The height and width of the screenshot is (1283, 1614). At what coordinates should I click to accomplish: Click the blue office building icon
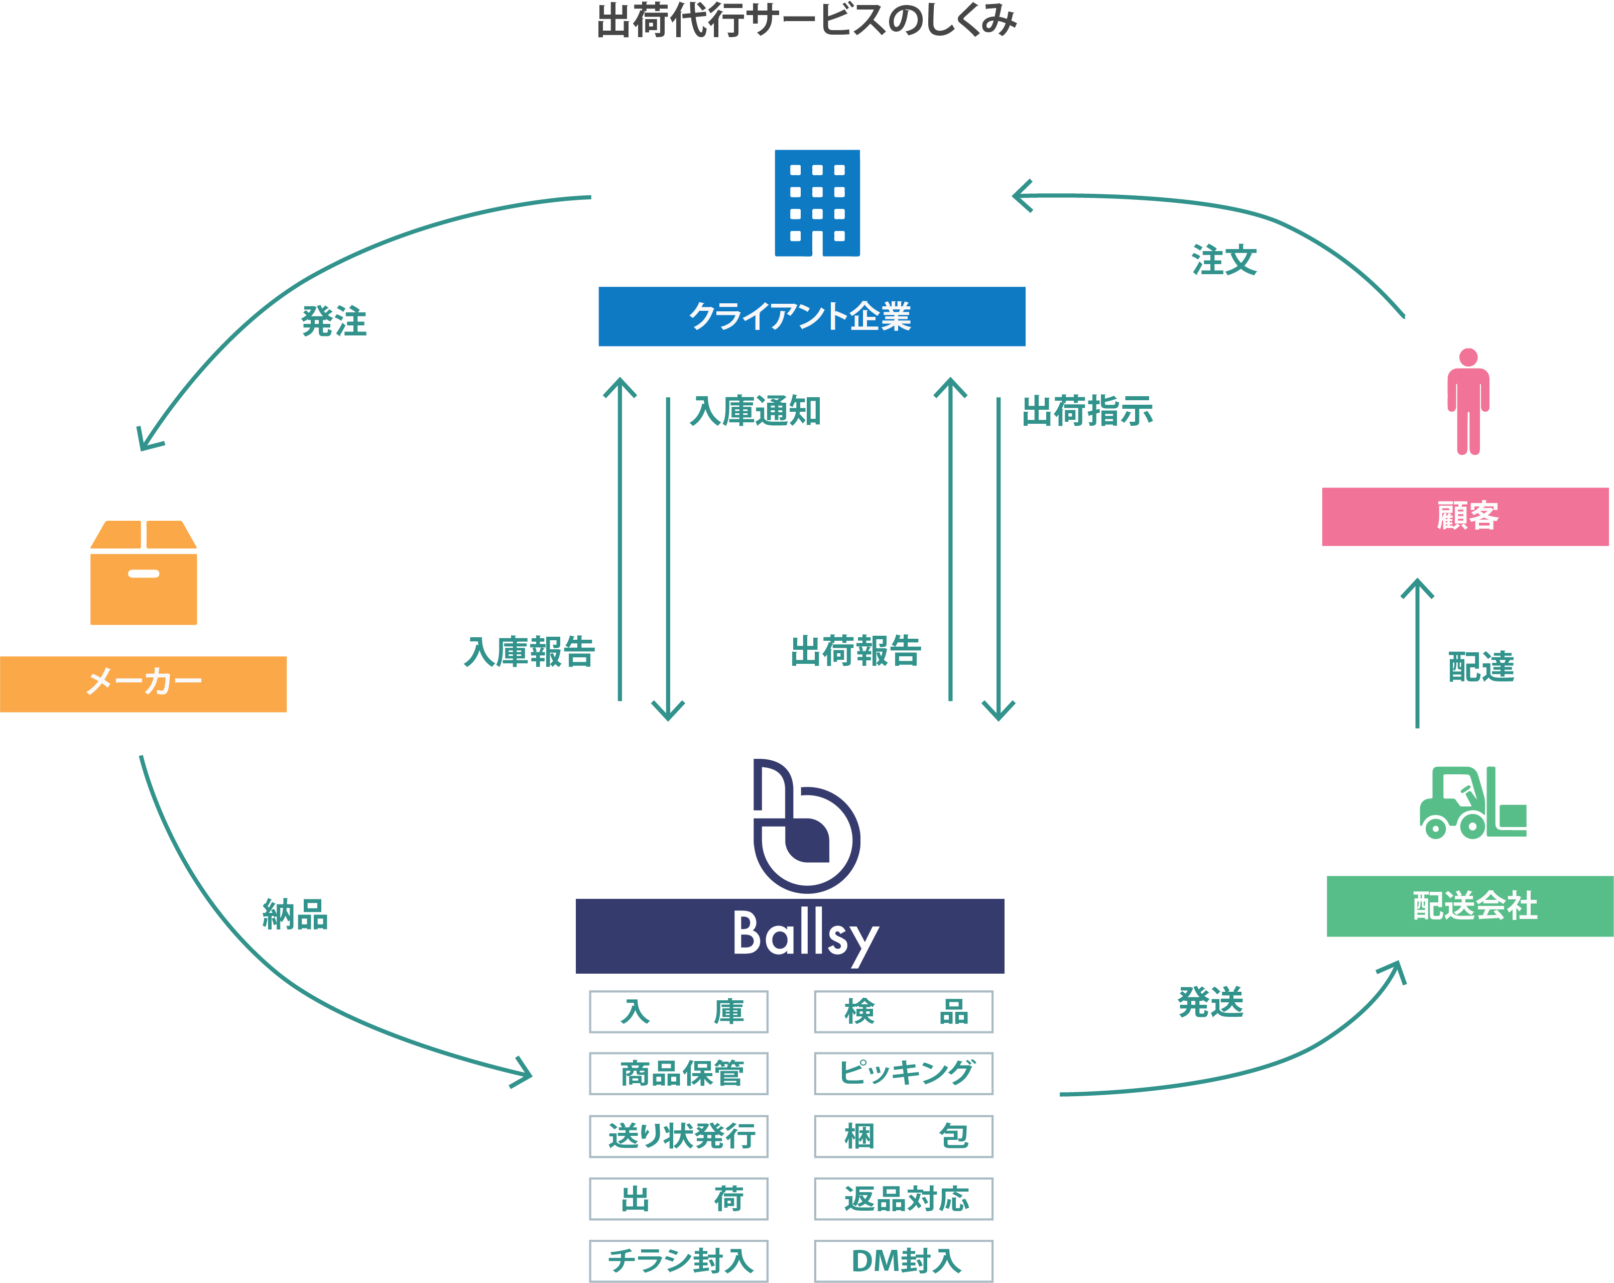click(817, 203)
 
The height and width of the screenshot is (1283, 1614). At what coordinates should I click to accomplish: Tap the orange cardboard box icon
click(144, 573)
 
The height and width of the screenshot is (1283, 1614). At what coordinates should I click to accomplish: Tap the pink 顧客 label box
click(1465, 517)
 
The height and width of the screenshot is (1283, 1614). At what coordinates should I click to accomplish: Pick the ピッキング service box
click(904, 1073)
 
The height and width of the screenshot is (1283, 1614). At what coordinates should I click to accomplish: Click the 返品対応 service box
click(904, 1198)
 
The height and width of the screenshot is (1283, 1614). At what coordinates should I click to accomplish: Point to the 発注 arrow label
click(334, 321)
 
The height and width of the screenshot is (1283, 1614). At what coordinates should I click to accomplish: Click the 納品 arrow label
click(295, 914)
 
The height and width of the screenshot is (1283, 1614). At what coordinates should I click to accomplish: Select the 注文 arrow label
click(1224, 261)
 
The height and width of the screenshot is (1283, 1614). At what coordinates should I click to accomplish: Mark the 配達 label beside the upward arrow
click(1481, 666)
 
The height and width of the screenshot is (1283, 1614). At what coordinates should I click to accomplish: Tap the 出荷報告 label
click(855, 651)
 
